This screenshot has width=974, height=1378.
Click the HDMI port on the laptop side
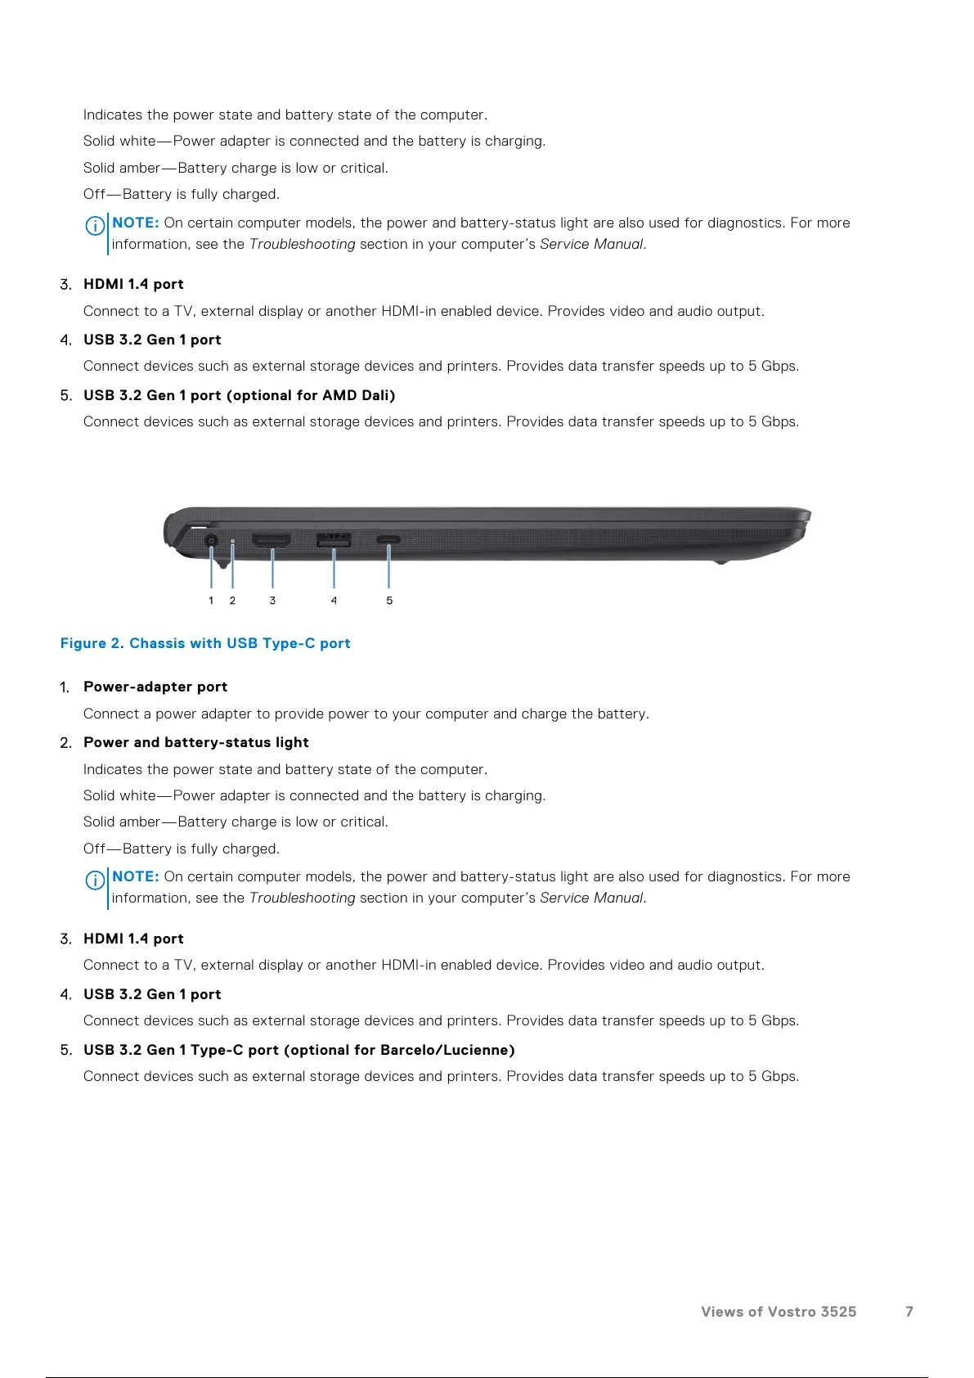pyautogui.click(x=272, y=540)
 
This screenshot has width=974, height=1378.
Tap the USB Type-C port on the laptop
pyautogui.click(x=388, y=540)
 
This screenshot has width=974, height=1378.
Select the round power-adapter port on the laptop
pyautogui.click(x=211, y=541)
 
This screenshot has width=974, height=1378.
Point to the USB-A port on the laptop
pyautogui.click(x=334, y=540)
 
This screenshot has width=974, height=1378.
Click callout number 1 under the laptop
pyautogui.click(x=211, y=601)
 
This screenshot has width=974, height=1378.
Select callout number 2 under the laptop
pyautogui.click(x=232, y=601)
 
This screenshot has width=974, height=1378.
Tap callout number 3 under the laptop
pyautogui.click(x=272, y=601)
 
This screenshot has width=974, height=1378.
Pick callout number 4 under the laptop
pyautogui.click(x=334, y=601)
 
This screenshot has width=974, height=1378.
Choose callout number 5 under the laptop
pyautogui.click(x=389, y=601)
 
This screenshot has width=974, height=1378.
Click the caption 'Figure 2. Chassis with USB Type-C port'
pyautogui.click(x=205, y=643)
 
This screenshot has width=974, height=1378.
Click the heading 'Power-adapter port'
pyautogui.click(x=155, y=687)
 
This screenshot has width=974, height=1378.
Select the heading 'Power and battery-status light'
pyautogui.click(x=196, y=742)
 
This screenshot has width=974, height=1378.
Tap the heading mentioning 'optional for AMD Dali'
pyautogui.click(x=240, y=395)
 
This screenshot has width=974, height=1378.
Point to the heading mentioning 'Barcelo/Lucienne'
pyautogui.click(x=299, y=1050)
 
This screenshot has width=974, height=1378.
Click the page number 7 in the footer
pyautogui.click(x=909, y=1312)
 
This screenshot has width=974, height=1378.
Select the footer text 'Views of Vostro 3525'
pyautogui.click(x=779, y=1312)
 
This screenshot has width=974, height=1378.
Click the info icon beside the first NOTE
pyautogui.click(x=95, y=225)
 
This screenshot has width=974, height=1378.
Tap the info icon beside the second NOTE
pyautogui.click(x=95, y=880)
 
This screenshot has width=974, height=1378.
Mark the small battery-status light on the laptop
pyautogui.click(x=233, y=542)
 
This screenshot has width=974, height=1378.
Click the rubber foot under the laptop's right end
pyautogui.click(x=720, y=561)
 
